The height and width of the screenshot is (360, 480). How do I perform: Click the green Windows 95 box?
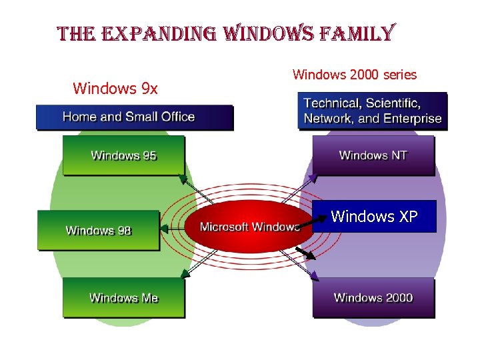123,155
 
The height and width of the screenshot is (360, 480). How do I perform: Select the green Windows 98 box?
99,230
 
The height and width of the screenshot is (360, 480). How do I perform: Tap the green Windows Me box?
123,297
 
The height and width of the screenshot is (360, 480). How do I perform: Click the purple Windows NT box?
373,155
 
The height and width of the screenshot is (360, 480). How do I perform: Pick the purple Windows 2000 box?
373,297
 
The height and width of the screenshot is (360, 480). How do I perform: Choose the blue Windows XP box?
374,216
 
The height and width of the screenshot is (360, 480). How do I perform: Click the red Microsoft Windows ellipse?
248,227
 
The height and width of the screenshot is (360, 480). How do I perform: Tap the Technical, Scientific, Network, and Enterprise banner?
372,111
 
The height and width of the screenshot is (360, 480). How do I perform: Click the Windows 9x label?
115,88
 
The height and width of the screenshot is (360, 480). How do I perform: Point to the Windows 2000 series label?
354,75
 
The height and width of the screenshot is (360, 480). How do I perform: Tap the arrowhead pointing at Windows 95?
182,179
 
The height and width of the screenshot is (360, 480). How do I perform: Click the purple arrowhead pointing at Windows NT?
313,177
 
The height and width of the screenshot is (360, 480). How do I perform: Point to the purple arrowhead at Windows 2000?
314,275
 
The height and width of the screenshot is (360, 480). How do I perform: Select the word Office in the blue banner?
175,117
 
